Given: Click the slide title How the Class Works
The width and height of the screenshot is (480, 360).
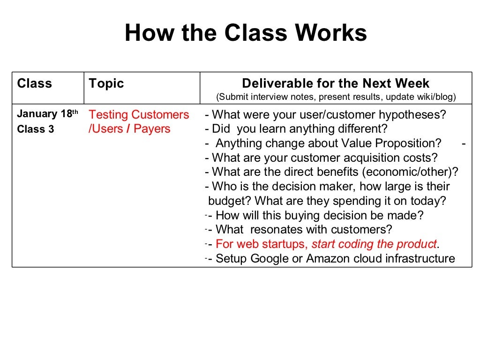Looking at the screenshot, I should pyautogui.click(x=246, y=34).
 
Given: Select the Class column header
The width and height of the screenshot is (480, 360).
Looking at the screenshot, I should pyautogui.click(x=34, y=83).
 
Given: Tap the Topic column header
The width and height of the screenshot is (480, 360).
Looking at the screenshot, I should pyautogui.click(x=106, y=83).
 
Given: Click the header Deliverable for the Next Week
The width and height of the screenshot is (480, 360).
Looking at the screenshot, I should pyautogui.click(x=336, y=83).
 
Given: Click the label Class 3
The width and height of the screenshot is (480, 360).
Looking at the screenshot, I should pyautogui.click(x=36, y=129).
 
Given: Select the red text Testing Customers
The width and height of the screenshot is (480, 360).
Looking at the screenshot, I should pyautogui.click(x=139, y=115).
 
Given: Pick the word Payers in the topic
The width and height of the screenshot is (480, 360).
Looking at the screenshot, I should pyautogui.click(x=152, y=129).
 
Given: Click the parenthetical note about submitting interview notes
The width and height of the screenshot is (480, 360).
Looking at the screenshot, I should pyautogui.click(x=336, y=97).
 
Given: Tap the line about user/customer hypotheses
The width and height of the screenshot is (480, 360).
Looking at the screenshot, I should pyautogui.click(x=325, y=115).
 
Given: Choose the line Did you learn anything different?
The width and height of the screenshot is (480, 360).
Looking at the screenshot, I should pyautogui.click(x=296, y=129).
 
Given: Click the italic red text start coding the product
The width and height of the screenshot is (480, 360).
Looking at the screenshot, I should pyautogui.click(x=374, y=244).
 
